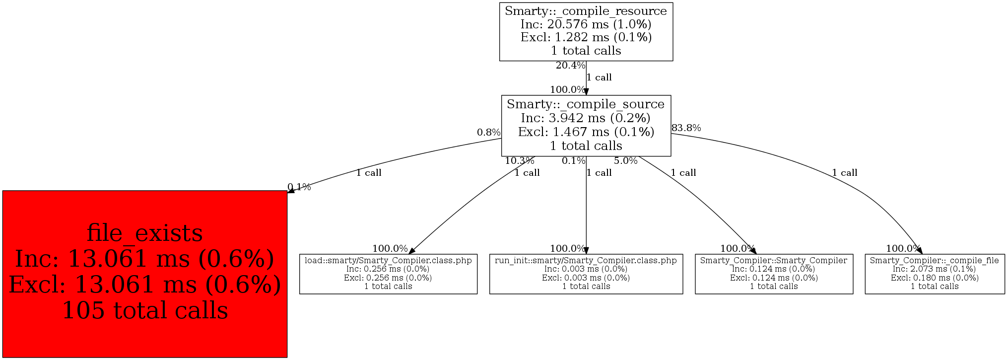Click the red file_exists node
tap(144, 274)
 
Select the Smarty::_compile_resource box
tap(586, 31)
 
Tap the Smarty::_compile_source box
tap(586, 125)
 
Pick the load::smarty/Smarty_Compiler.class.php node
tap(388, 273)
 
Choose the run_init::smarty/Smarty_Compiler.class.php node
tap(586, 273)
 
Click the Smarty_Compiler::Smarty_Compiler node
tap(773, 273)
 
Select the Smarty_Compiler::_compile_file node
tap(934, 273)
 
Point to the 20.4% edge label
tap(570, 66)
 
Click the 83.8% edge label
tap(686, 128)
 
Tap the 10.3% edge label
tap(519, 161)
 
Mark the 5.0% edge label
tap(625, 161)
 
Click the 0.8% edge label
tap(488, 133)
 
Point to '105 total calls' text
tap(144, 310)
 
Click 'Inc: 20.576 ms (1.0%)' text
tap(586, 24)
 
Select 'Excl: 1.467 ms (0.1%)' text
tap(586, 132)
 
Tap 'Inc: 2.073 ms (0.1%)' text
tap(934, 269)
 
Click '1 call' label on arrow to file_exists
tap(369, 173)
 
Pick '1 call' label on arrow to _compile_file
tap(845, 173)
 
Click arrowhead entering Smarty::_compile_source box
tap(586, 92)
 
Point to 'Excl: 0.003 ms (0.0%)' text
tap(586, 278)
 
